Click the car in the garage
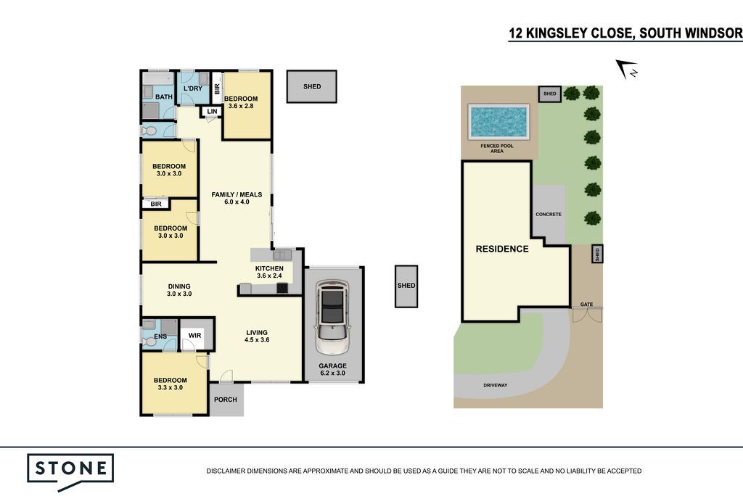pyautogui.click(x=332, y=316)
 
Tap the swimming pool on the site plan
pyautogui.click(x=498, y=122)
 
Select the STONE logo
pyautogui.click(x=70, y=472)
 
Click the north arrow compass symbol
pyautogui.click(x=627, y=70)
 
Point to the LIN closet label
pyautogui.click(x=213, y=112)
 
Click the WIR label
pyautogui.click(x=194, y=336)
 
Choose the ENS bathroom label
pyautogui.click(x=160, y=336)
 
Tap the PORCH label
pyautogui.click(x=226, y=400)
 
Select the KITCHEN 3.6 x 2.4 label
pyautogui.click(x=269, y=272)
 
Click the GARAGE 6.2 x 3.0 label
pyautogui.click(x=332, y=370)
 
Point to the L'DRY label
pyautogui.click(x=193, y=88)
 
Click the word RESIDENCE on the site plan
pyautogui.click(x=502, y=249)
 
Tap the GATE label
pyautogui.click(x=586, y=305)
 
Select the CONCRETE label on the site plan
pyautogui.click(x=549, y=214)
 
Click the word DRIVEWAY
pyautogui.click(x=495, y=385)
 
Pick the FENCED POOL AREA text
pyautogui.click(x=497, y=148)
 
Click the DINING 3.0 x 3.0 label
pyautogui.click(x=179, y=290)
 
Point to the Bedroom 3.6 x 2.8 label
pyautogui.click(x=241, y=102)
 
